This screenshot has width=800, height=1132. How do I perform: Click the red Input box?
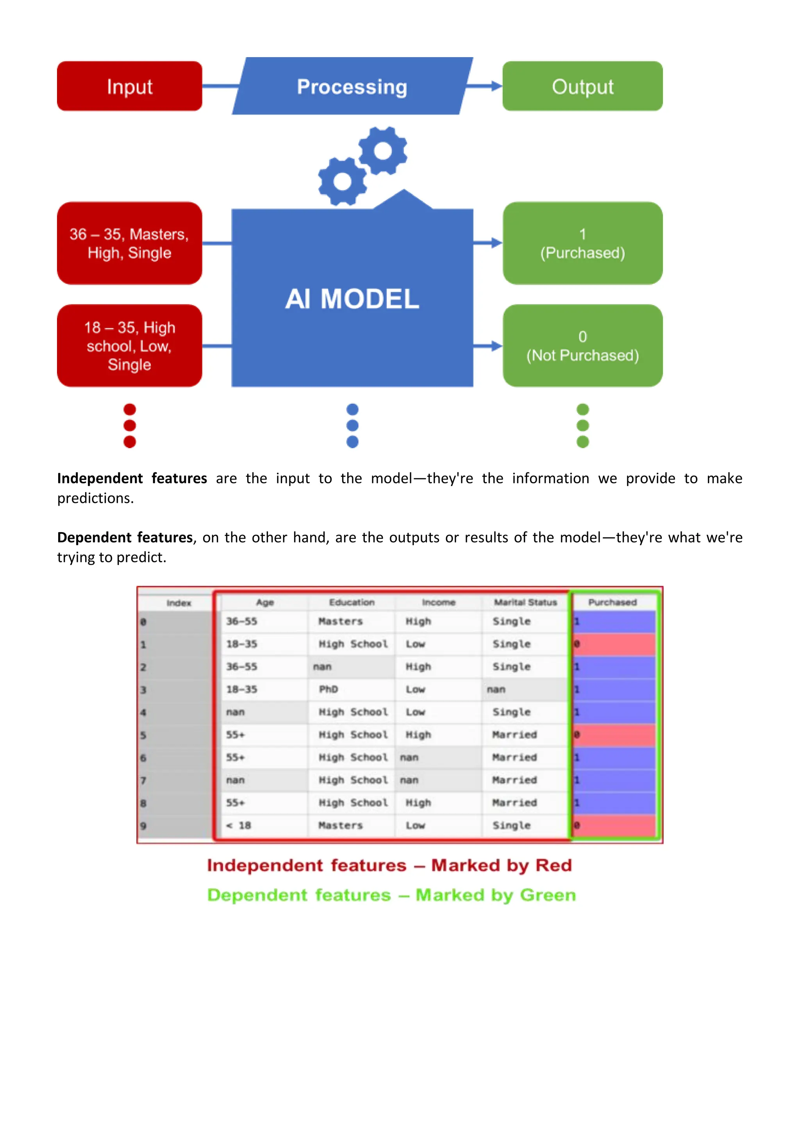pos(130,86)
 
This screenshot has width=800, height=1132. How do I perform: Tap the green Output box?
pos(582,86)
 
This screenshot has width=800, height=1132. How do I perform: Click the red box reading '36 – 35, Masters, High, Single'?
pos(130,243)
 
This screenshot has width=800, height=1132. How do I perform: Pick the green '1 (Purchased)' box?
pos(582,243)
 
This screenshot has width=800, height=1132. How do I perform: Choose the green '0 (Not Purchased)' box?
pos(582,346)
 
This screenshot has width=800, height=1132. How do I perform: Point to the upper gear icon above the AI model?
pos(383,151)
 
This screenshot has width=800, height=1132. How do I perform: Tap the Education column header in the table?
pos(352,602)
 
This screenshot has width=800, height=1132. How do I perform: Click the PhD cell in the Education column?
pos(328,689)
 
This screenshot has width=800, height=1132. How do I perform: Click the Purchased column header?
pos(612,602)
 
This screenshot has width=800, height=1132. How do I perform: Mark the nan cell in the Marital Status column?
pos(496,689)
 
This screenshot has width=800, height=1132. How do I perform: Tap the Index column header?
pos(179,603)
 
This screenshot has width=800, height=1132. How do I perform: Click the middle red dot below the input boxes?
pos(130,425)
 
